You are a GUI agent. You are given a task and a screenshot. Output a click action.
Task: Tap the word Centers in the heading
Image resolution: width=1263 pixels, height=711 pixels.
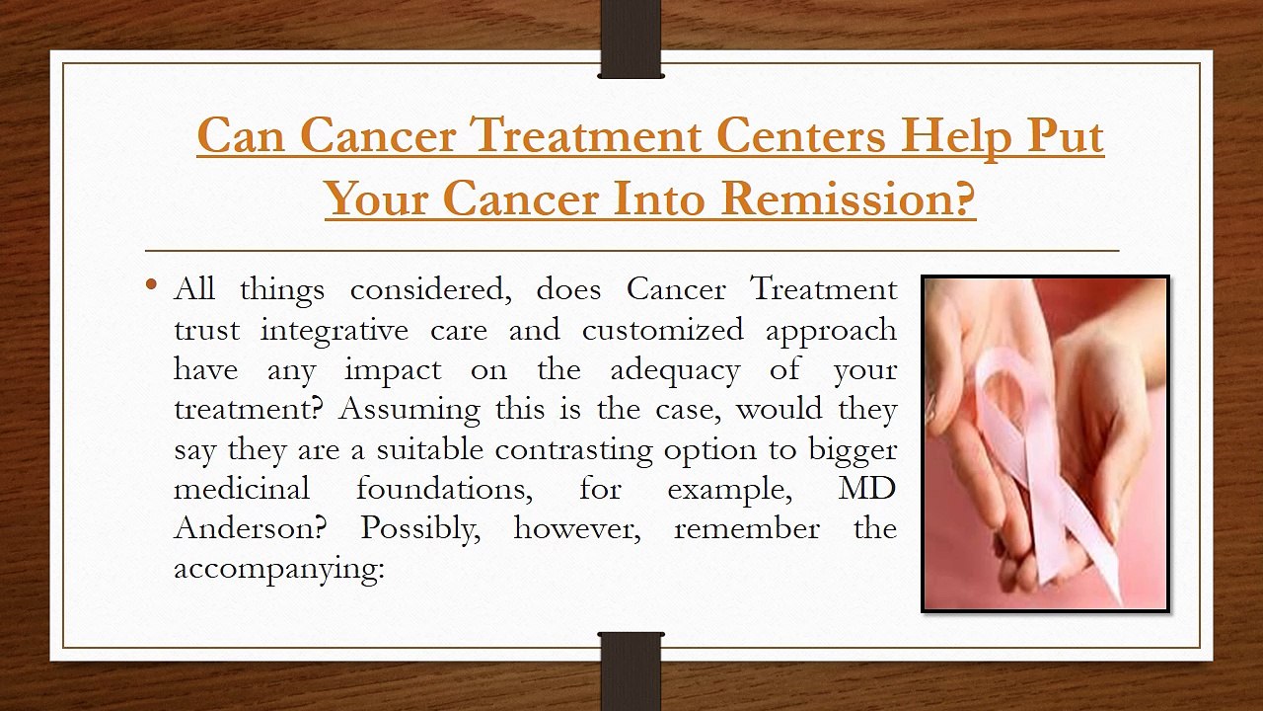click(800, 136)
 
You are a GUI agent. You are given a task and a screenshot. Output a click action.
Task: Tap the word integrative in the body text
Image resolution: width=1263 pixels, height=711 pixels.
click(334, 331)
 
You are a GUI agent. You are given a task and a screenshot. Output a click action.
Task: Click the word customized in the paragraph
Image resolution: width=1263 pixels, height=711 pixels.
click(662, 330)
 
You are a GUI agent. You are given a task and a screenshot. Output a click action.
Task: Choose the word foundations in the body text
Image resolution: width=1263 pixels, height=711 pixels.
click(444, 489)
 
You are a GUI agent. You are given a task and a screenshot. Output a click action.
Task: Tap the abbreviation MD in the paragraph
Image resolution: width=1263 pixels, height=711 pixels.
click(866, 489)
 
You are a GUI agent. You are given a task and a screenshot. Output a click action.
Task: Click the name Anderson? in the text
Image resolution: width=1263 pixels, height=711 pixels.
click(251, 528)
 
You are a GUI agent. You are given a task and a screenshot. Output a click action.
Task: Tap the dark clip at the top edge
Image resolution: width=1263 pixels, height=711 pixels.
click(631, 39)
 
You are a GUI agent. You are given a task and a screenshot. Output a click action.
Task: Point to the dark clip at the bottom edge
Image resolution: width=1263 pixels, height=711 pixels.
click(631, 671)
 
